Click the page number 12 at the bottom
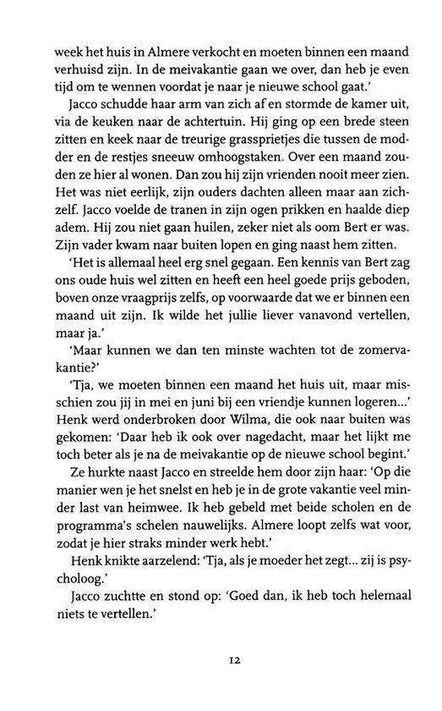(x=221, y=655)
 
